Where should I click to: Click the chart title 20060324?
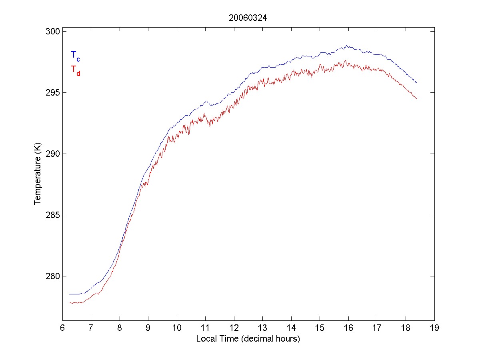[248, 18]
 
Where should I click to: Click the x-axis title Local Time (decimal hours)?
[248, 339]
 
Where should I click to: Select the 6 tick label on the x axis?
[62, 328]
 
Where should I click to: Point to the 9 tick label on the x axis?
[148, 328]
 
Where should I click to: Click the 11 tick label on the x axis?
[205, 328]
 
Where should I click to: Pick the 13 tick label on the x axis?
[262, 328]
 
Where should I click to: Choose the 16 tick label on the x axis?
[348, 328]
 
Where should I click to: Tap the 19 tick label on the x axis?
[434, 328]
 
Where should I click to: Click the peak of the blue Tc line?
[346, 46]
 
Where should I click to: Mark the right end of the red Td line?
[417, 99]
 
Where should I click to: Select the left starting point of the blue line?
[70, 294]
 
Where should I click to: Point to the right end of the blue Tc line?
[417, 83]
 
